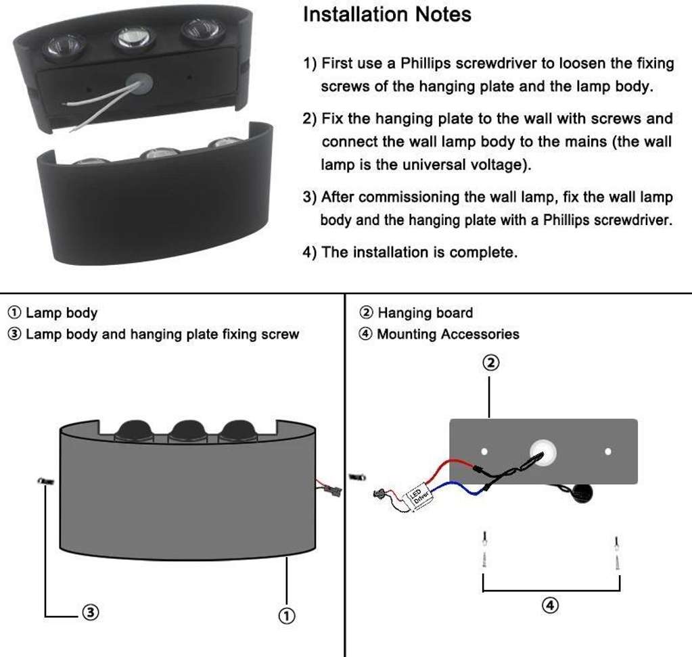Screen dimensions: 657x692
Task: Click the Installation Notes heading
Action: tap(387, 15)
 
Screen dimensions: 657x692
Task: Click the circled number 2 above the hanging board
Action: tap(490, 364)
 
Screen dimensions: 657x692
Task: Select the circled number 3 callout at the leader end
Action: tap(91, 612)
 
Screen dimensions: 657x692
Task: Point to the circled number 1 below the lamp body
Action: tap(287, 615)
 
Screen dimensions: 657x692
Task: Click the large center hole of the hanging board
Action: tap(542, 452)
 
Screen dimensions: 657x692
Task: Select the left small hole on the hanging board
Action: tap(484, 451)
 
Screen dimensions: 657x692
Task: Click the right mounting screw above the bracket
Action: tap(616, 552)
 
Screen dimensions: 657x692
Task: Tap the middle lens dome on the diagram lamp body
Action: tap(187, 431)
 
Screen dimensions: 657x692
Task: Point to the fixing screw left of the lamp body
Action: tap(45, 481)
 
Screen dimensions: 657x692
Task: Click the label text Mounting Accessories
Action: tap(448, 334)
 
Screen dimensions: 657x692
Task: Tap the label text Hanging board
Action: tap(425, 313)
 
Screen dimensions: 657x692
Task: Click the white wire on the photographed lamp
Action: tap(95, 101)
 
